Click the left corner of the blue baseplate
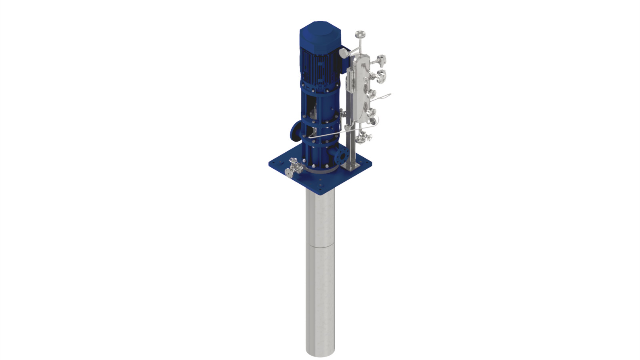269,163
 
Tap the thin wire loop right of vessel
384,96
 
